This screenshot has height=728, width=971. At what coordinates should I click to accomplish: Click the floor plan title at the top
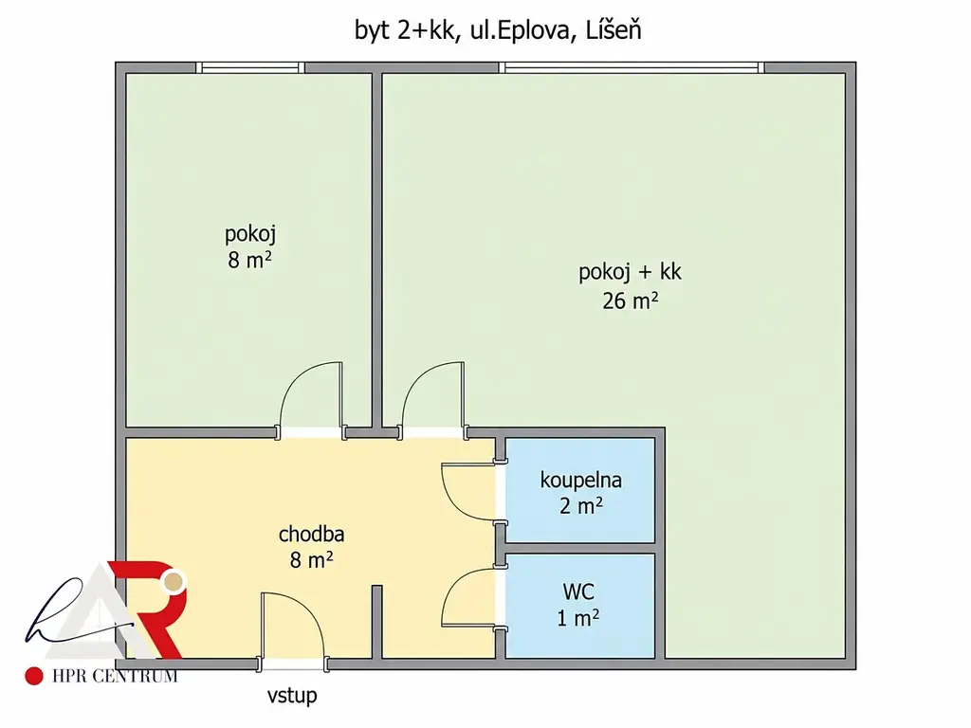click(498, 30)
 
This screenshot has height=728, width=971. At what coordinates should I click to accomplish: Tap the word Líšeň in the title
click(614, 29)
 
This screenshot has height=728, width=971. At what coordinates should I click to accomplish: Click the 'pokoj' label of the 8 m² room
click(250, 235)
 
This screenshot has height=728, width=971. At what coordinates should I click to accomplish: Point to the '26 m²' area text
click(631, 300)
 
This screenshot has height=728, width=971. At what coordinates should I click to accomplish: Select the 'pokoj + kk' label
click(630, 272)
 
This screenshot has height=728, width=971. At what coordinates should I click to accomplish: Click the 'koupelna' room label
click(581, 481)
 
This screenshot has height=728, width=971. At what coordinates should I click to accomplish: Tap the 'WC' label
click(578, 591)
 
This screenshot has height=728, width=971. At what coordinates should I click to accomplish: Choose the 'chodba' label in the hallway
click(311, 534)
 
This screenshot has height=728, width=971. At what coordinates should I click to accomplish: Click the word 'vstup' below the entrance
click(292, 695)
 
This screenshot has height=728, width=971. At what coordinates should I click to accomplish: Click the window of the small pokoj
click(250, 67)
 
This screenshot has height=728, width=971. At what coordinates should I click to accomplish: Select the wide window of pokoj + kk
click(632, 67)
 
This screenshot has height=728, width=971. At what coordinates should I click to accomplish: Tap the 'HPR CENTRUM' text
click(115, 676)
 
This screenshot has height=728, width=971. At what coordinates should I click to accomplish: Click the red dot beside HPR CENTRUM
click(34, 676)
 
